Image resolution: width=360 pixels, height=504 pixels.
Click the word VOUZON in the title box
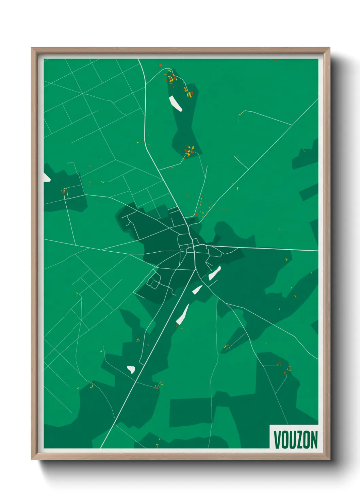(295, 440)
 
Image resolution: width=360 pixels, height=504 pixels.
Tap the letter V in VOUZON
(277, 440)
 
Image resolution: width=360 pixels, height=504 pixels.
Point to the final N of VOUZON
(314, 440)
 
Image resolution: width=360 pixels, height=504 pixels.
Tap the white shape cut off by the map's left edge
(46, 177)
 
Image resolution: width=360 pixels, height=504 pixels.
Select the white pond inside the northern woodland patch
(176, 104)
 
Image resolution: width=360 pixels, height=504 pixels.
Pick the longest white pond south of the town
(183, 314)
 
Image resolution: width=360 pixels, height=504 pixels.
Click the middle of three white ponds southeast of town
(197, 290)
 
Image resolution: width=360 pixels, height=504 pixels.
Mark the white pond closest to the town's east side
(214, 273)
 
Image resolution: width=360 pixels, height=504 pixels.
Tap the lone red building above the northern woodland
(161, 65)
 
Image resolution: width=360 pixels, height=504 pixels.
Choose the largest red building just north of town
(196, 214)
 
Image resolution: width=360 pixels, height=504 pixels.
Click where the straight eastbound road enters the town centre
(206, 245)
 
